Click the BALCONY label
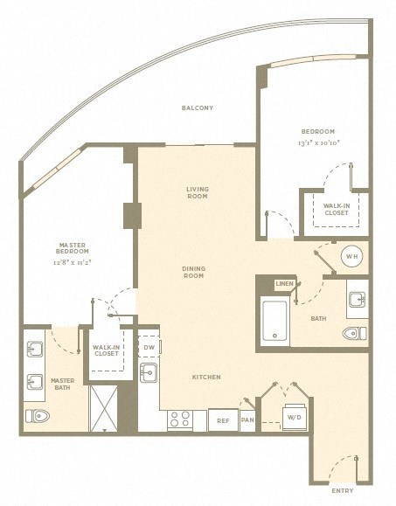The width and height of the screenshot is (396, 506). click(x=198, y=108)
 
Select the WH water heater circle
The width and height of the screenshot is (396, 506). click(x=351, y=257)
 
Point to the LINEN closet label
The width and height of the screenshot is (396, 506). click(x=285, y=284)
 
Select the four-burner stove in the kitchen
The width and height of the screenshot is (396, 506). click(x=180, y=419)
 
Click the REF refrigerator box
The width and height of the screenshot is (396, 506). click(x=223, y=420)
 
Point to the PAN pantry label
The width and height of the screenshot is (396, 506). click(x=248, y=420)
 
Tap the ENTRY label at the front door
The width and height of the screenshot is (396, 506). click(x=343, y=491)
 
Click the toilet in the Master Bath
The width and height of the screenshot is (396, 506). click(x=38, y=415)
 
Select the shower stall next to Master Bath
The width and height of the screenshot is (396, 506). click(x=104, y=407)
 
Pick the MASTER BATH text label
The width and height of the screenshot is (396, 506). click(x=62, y=384)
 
